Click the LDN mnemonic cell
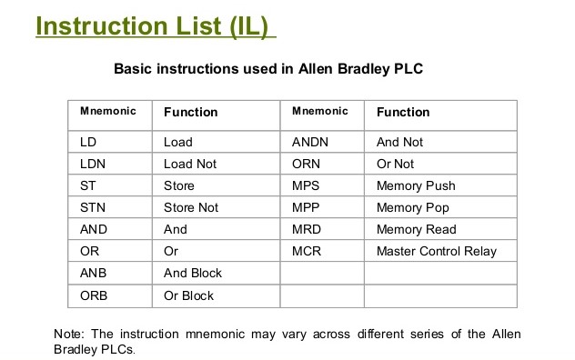[x=91, y=164]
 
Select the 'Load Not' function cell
[x=190, y=164]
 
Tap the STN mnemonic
[x=93, y=207]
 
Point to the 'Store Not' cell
[x=191, y=207]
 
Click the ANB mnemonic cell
[x=93, y=273]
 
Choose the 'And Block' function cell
[x=193, y=273]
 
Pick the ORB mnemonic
[x=94, y=295]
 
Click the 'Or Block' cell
[x=188, y=295]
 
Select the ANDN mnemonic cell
[x=309, y=142]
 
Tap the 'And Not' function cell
[x=399, y=142]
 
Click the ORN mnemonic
[x=306, y=164]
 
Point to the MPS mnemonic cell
[x=305, y=185]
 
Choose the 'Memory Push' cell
[x=416, y=185]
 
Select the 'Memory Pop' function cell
[x=413, y=207]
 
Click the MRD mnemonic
[x=306, y=229]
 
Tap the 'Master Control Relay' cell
[x=437, y=251]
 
